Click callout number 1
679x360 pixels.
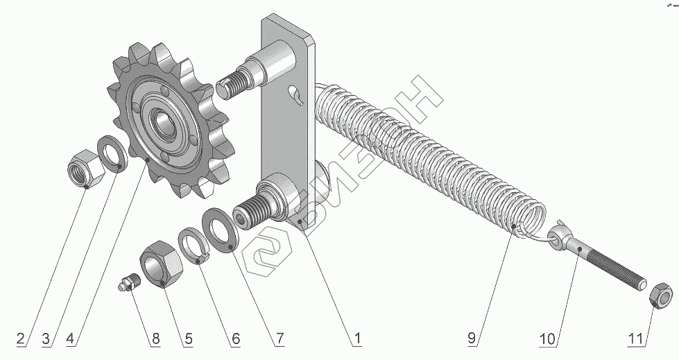357,338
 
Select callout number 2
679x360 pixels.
21,338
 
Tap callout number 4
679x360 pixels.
71,338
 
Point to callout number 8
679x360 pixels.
155,338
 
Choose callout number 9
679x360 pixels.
472,338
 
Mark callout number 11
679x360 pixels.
635,338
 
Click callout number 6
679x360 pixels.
235,338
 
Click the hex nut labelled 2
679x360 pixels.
86,169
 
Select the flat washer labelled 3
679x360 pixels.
112,154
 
